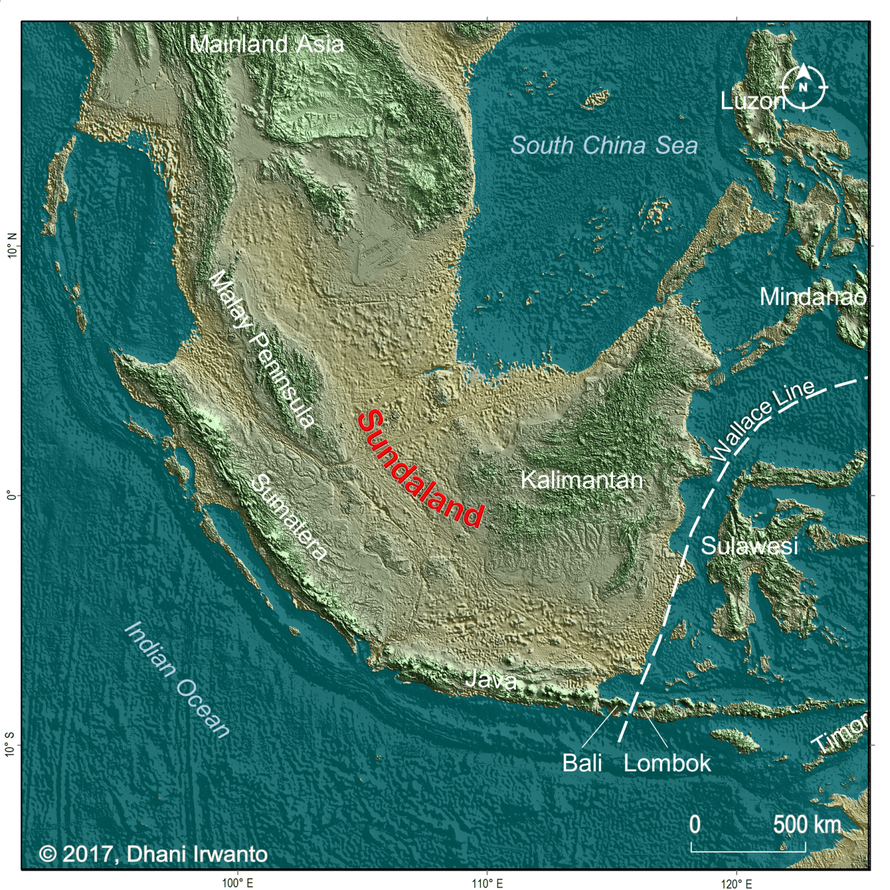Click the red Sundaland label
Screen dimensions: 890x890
[x=421, y=470]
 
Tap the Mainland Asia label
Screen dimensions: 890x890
[x=266, y=44]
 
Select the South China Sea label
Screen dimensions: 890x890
[x=604, y=146]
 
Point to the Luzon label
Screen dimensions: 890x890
[x=752, y=101]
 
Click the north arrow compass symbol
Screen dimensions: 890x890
[x=803, y=87]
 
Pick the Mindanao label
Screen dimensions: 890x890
[x=813, y=297]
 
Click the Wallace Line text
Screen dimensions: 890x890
[x=763, y=421]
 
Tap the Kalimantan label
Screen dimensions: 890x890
[x=582, y=480]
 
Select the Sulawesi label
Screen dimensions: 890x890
[x=749, y=546]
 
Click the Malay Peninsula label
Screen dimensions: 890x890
[x=263, y=350]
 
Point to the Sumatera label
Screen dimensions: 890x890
[x=289, y=518]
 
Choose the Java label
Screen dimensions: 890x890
[x=491, y=680]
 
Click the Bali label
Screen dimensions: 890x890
[x=582, y=763]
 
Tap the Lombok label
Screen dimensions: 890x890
[x=667, y=763]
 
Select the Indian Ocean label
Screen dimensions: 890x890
[x=178, y=680]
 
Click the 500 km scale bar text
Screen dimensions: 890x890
[x=807, y=824]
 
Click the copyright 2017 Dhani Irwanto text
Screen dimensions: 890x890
[x=153, y=854]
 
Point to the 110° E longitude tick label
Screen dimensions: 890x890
[x=487, y=883]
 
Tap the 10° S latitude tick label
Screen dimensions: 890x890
[x=11, y=745]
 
